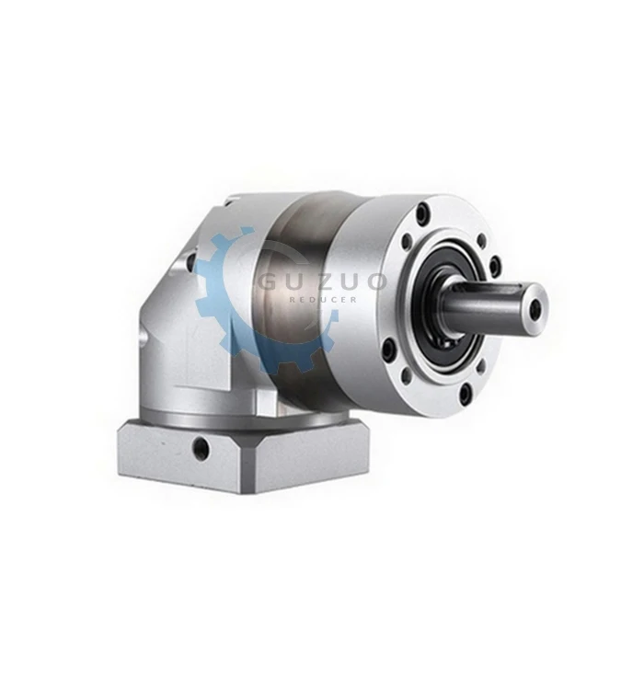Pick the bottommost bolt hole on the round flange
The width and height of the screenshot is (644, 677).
pos(465,396)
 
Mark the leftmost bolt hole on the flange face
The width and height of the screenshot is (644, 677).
pos(387,349)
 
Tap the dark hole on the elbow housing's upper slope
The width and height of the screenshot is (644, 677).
pos(192,262)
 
